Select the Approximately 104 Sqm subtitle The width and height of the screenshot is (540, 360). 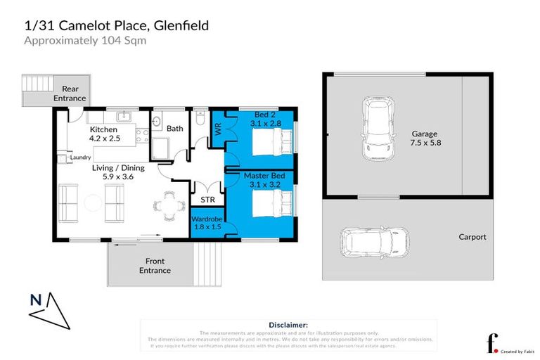pyautogui.click(x=84, y=41)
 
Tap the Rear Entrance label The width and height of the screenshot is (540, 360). pyautogui.click(x=70, y=94)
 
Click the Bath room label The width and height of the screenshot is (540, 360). pyautogui.click(x=175, y=128)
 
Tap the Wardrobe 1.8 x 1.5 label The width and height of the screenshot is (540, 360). pyautogui.click(x=207, y=224)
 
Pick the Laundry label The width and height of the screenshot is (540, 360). pyautogui.click(x=82, y=157)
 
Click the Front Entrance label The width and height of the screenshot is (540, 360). pyautogui.click(x=155, y=266)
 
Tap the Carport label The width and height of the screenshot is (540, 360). pyautogui.click(x=472, y=237)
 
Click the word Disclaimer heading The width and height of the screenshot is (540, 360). pyautogui.click(x=288, y=325)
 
